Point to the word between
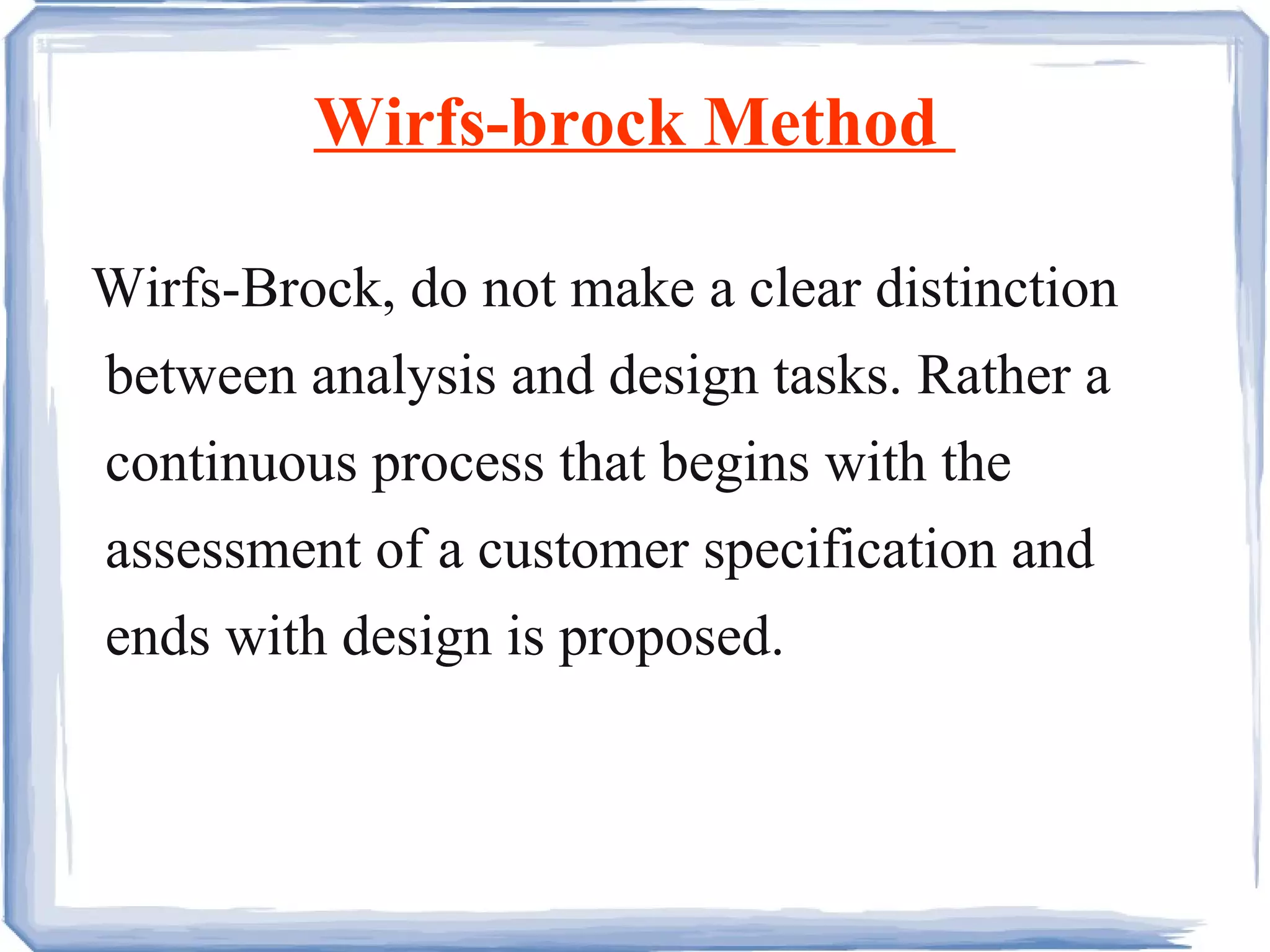tap(201, 376)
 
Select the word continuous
tap(231, 464)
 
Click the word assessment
tap(233, 551)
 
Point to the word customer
tap(583, 551)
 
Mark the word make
tap(632, 289)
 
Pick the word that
tap(602, 463)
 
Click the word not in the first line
tap(518, 290)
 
